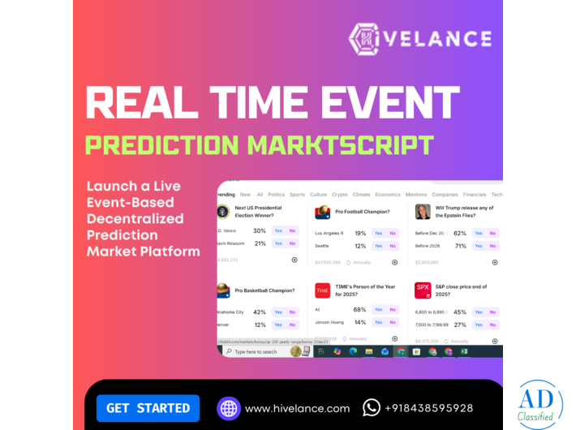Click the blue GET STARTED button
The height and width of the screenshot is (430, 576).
(148, 408)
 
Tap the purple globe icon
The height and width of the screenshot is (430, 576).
(228, 408)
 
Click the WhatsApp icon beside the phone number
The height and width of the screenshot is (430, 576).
(371, 408)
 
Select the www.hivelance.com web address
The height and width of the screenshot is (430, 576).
(297, 409)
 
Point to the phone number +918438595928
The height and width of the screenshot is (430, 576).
(428, 408)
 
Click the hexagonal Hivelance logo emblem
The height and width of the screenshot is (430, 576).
(364, 39)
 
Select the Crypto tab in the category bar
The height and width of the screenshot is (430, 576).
(340, 195)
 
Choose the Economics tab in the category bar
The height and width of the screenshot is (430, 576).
(388, 195)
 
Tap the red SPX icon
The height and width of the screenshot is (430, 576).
(423, 290)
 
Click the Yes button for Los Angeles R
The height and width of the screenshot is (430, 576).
(378, 233)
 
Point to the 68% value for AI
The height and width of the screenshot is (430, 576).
(359, 310)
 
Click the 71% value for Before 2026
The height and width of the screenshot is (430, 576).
(460, 246)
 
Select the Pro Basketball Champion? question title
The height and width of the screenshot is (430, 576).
(261, 290)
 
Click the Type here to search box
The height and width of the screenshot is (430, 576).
(258, 352)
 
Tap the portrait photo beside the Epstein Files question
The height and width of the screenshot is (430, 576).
(423, 212)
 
